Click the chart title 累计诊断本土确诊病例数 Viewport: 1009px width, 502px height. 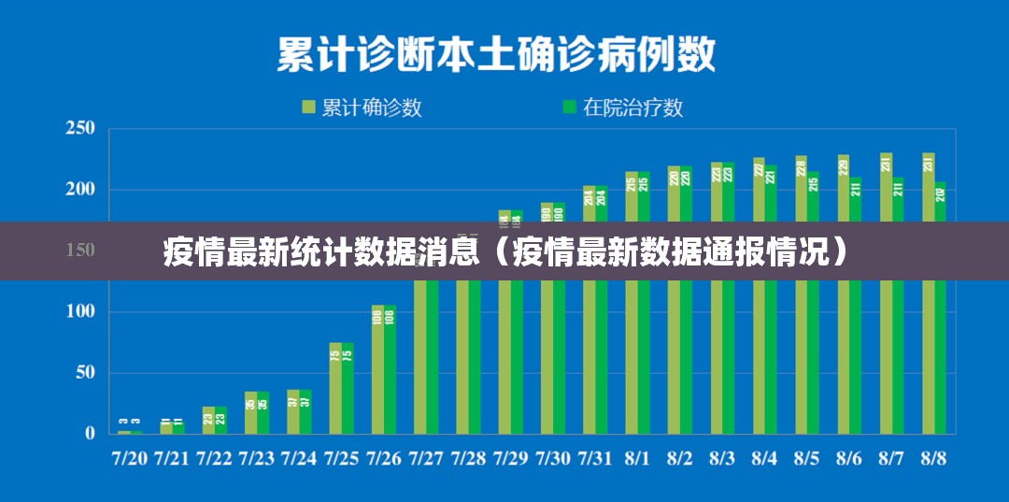coord(495,54)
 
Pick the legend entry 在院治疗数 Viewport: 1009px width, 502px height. coord(622,108)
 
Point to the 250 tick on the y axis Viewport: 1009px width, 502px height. coord(79,129)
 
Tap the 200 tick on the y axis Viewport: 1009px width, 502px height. coord(79,190)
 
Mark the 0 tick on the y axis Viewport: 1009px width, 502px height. coord(90,434)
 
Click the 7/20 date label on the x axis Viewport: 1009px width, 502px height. coord(130,459)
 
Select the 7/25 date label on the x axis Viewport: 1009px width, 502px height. coord(341,459)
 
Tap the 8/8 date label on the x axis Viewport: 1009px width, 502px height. coord(933,459)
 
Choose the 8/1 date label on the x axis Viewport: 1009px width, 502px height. coord(637,459)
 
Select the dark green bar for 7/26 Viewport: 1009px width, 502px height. coord(390,369)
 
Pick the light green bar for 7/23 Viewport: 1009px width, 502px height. coord(250,412)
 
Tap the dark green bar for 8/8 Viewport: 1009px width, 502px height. coord(940,355)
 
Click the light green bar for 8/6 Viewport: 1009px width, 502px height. coord(844,355)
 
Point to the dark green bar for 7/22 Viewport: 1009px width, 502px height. coord(220,420)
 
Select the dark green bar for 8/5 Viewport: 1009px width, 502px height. coord(813,355)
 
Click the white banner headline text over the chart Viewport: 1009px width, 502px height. coord(504,251)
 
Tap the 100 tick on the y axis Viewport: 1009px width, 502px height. coord(79,311)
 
